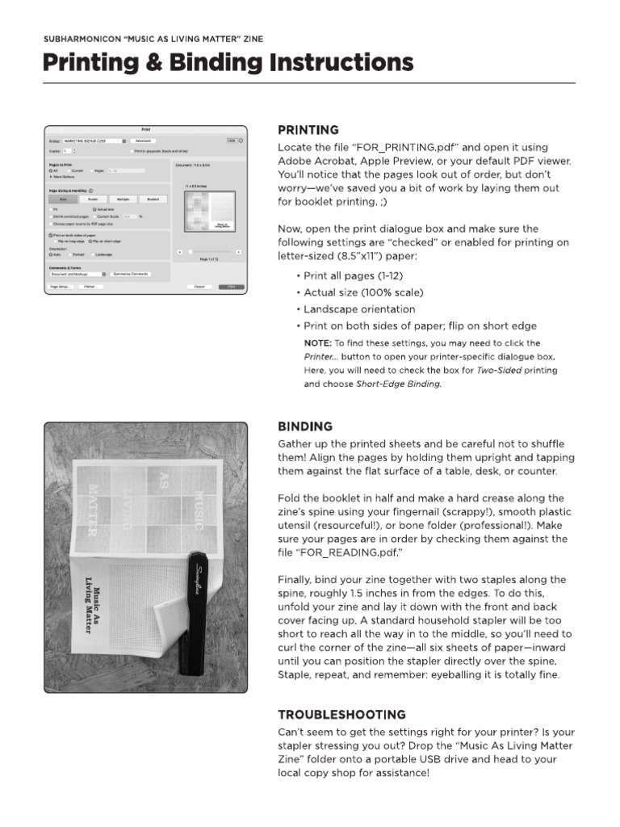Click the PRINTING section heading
(x=308, y=129)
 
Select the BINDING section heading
(x=305, y=426)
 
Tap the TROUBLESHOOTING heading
(x=341, y=714)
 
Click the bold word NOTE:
(x=317, y=343)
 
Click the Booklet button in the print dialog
(x=153, y=199)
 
